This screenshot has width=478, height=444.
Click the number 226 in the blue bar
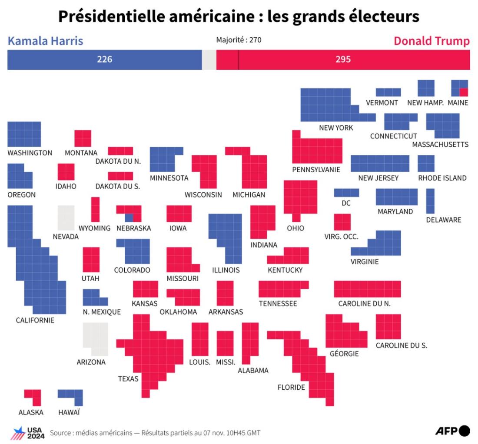pyautogui.click(x=105, y=59)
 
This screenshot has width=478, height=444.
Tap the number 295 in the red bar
pyautogui.click(x=343, y=59)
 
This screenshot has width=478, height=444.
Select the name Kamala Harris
pyautogui.click(x=46, y=41)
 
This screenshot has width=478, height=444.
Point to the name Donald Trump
pyautogui.click(x=432, y=41)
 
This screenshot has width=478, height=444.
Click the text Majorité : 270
pyautogui.click(x=239, y=40)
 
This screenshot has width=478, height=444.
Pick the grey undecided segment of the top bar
pyautogui.click(x=209, y=60)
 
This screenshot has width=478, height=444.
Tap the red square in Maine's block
pyautogui.click(x=464, y=92)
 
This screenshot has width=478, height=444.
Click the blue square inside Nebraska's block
pyautogui.click(x=129, y=218)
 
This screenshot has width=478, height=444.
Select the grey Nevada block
pyautogui.click(x=66, y=218)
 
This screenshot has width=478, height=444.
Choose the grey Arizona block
pyautogui.click(x=96, y=339)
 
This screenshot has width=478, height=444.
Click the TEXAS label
pyautogui.click(x=128, y=379)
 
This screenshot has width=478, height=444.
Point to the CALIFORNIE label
pyautogui.click(x=35, y=320)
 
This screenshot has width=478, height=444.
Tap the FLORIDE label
pyautogui.click(x=291, y=387)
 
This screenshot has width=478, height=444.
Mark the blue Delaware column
pyautogui.click(x=430, y=201)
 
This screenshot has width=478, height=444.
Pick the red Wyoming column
pyautogui.click(x=96, y=210)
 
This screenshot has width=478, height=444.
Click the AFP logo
pyautogui.click(x=453, y=431)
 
